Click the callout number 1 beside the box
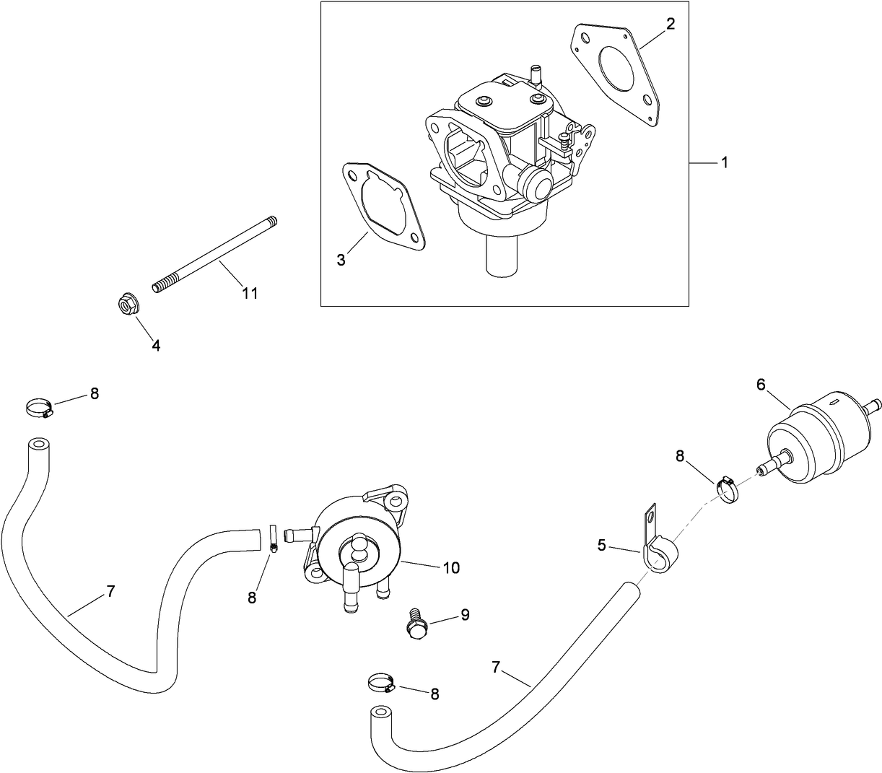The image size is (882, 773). click(x=724, y=163)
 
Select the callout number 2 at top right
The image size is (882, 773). click(x=671, y=24)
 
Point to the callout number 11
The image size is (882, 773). click(x=250, y=293)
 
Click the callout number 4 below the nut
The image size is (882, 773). click(x=156, y=345)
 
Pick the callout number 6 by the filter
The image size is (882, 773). click(x=761, y=385)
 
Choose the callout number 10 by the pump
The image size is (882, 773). click(x=450, y=568)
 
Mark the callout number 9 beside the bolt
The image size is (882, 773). click(x=464, y=615)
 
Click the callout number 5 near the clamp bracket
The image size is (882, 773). click(x=602, y=546)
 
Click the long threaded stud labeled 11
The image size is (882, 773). click(x=214, y=254)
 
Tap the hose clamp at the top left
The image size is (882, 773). click(x=38, y=409)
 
